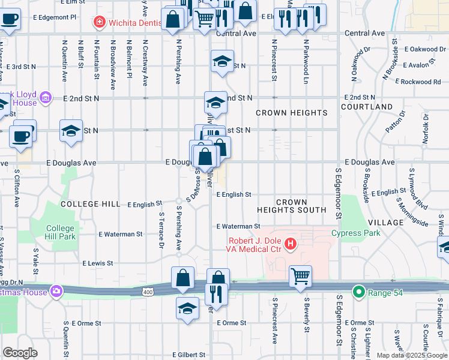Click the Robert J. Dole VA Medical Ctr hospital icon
coord(291,244)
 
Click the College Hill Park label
coord(61,232)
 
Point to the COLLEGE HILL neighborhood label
coord(90,205)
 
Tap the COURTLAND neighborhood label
coord(367,107)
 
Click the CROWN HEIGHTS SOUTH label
coord(291,206)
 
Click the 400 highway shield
coord(147,292)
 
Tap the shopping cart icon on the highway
coord(300,277)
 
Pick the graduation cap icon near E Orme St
coord(187,308)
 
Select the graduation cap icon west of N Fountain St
coord(71,131)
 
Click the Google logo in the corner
coord(20,353)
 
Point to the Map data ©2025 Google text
coord(411,355)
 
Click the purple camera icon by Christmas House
coord(56,291)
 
